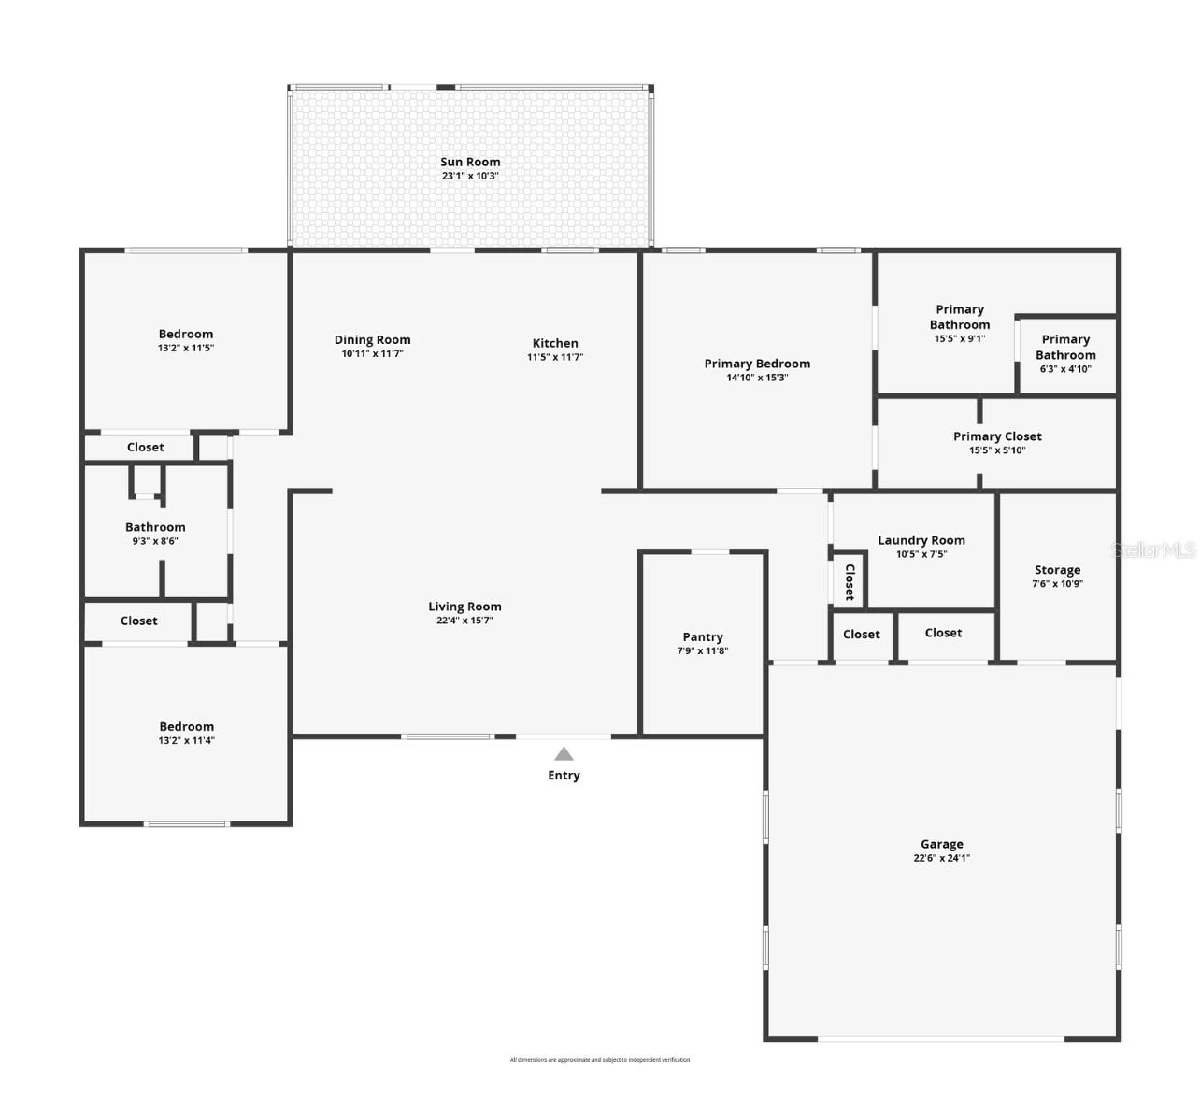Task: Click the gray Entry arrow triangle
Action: tap(564, 754)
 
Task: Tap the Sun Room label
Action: tap(470, 162)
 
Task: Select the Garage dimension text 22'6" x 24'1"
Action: tap(941, 858)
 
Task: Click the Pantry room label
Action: tap(703, 636)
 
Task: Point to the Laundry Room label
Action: tap(921, 540)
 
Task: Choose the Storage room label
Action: tap(1057, 570)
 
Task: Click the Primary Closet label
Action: tap(997, 436)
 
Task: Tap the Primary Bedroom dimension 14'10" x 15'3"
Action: tap(757, 378)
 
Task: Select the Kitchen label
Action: tap(555, 343)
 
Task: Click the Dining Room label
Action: tap(372, 340)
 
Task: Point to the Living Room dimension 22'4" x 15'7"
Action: tap(464, 621)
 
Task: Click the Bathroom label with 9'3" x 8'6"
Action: tap(155, 527)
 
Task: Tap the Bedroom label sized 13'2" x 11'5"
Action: tap(186, 334)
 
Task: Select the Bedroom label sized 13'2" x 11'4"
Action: tap(186, 726)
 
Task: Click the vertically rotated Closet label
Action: tap(850, 581)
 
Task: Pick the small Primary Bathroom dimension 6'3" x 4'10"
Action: tap(1065, 369)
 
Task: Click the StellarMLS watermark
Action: tap(1153, 550)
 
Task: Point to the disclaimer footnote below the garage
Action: tap(600, 1060)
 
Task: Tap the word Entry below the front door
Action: tap(564, 776)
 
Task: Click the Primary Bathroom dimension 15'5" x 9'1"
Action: tap(959, 339)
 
